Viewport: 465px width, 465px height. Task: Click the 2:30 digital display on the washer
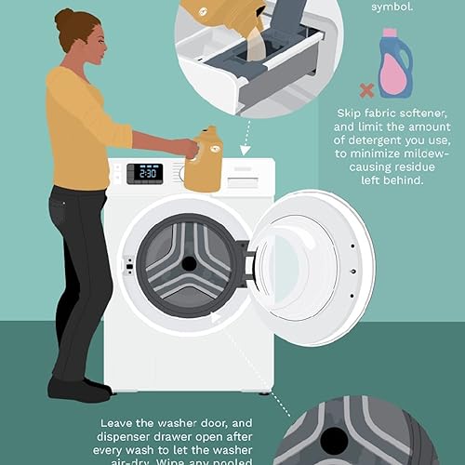[x=145, y=173]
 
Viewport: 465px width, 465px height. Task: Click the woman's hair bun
[x=63, y=18]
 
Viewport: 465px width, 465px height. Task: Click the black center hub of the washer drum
[x=189, y=263]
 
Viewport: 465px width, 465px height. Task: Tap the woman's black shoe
[x=79, y=388]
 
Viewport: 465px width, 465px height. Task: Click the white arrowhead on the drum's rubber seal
[x=215, y=316]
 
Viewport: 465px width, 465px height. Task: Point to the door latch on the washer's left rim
[x=129, y=267]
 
